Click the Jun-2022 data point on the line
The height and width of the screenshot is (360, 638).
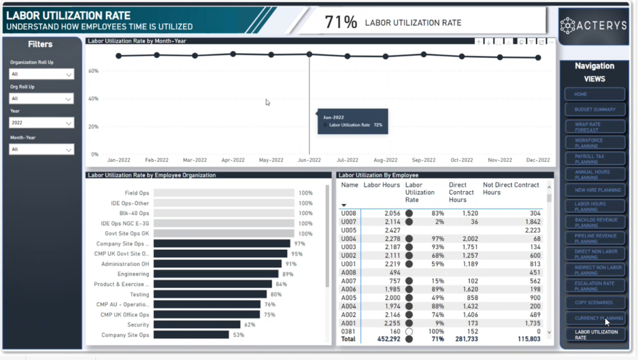(309, 54)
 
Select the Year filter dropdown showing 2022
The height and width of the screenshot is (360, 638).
(41, 123)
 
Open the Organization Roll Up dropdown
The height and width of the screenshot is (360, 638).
(41, 74)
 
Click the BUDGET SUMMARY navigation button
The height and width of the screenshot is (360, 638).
(595, 110)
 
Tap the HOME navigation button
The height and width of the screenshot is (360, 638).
(595, 94)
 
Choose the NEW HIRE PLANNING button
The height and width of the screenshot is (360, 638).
(595, 190)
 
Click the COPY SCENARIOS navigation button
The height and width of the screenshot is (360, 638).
(595, 303)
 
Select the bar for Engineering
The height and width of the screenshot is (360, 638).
(216, 274)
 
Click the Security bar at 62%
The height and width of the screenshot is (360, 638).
(197, 324)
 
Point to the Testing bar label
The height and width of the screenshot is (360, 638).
(140, 295)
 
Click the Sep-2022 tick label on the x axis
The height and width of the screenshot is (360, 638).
(424, 160)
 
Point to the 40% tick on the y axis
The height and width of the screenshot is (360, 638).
(93, 98)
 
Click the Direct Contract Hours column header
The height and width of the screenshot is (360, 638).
(462, 192)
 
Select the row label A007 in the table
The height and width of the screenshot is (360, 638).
(348, 280)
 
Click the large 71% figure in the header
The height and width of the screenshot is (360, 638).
(341, 22)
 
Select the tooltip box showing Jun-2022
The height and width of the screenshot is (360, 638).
(353, 121)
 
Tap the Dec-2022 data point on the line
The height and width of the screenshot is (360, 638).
(538, 57)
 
